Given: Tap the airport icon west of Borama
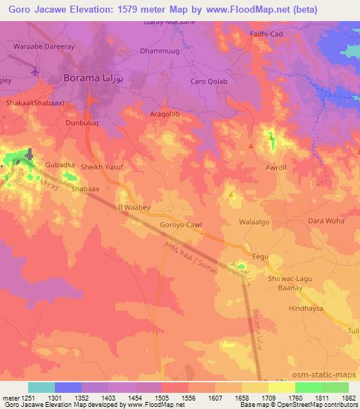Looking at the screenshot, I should click(x=36, y=72).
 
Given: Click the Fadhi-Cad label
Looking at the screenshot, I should click(x=268, y=34).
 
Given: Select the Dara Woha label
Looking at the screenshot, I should click(x=326, y=221).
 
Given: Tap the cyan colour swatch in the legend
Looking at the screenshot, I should click(x=41, y=387).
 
